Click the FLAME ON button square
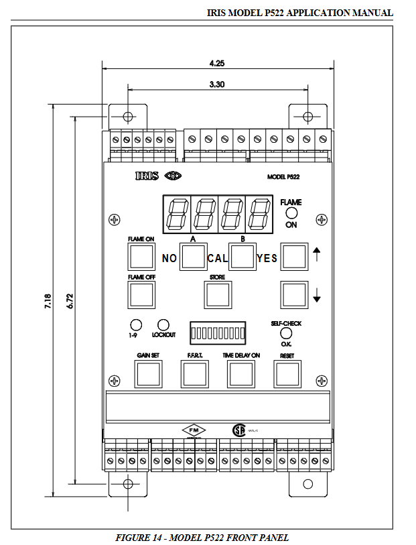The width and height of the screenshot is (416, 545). [141, 256]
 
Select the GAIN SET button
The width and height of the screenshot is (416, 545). [149, 373]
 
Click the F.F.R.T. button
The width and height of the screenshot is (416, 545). [194, 373]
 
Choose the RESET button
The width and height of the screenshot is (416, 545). [287, 373]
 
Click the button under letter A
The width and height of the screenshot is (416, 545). [193, 257]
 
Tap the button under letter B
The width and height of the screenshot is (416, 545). [242, 257]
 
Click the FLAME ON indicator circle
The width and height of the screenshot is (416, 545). [291, 213]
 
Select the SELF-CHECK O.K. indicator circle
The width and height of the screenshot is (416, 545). [286, 332]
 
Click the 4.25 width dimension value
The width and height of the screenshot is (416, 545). [216, 64]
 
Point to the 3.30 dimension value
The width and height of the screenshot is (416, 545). [217, 85]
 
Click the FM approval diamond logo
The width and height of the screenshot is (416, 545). [195, 430]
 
